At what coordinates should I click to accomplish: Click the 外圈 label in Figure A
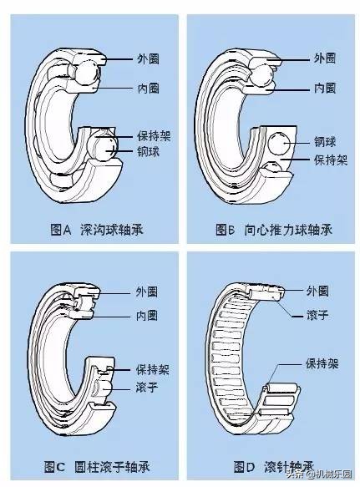tap(148, 59)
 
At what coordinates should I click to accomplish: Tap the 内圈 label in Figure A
tap(148, 88)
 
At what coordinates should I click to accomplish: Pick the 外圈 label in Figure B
tap(325, 59)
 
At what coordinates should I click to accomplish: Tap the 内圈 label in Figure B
tap(325, 88)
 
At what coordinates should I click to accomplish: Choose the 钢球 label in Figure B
tap(325, 141)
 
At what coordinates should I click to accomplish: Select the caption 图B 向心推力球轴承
tap(273, 228)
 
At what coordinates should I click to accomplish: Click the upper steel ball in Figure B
tap(261, 78)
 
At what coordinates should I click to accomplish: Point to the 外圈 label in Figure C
tap(148, 292)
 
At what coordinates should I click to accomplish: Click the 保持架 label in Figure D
tap(321, 364)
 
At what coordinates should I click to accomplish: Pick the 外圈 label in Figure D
tap(317, 291)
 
